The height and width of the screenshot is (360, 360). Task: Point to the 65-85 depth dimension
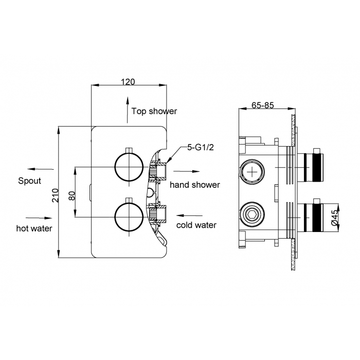coord(262,105)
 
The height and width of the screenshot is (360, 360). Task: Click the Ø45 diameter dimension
coord(334,218)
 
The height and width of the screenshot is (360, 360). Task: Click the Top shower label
coord(154,111)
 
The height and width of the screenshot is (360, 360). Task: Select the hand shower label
coord(195,184)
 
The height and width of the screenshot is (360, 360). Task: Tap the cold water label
coord(196,225)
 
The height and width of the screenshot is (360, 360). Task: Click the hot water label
coord(34,228)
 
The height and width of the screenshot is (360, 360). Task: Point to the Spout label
coord(29,181)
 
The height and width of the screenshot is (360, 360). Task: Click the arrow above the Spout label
coord(41,169)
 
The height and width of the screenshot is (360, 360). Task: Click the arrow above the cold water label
coord(189,215)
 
